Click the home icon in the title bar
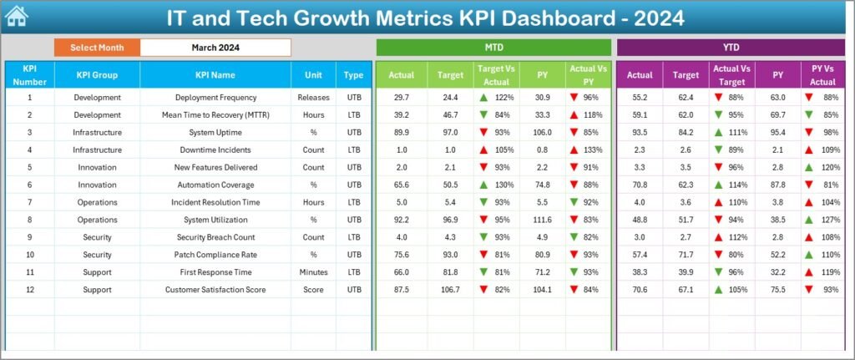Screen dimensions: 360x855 point(17,16)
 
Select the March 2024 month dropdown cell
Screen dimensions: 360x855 point(215,48)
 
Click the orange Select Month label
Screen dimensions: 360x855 point(97,48)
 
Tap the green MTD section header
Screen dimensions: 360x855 point(493,48)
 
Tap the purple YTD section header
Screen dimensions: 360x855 point(731,48)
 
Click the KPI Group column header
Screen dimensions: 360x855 point(97,75)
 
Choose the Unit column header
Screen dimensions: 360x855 point(313,75)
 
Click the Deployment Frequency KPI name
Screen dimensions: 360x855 point(215,98)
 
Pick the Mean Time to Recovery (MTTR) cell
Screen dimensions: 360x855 point(215,115)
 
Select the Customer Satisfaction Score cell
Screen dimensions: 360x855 point(215,290)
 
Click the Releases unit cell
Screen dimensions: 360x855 point(313,98)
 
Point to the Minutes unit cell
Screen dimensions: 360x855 point(313,272)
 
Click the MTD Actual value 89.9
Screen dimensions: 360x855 point(401,133)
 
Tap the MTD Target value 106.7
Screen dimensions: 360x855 point(449,290)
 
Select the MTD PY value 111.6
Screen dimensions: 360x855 point(543,220)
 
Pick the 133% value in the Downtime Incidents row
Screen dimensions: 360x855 point(592,150)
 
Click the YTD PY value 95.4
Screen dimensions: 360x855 point(777,133)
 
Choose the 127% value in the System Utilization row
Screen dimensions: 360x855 point(828,220)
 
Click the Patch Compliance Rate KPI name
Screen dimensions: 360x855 point(215,255)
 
